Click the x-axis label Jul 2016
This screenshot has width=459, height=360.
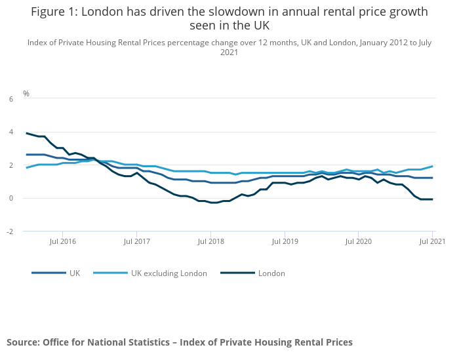[x=63, y=241]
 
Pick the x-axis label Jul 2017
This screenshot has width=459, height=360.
[x=136, y=241]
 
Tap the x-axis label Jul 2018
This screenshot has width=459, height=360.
[x=210, y=241]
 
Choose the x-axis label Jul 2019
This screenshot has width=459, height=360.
[x=285, y=241]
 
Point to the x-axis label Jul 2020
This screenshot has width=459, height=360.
[x=359, y=241]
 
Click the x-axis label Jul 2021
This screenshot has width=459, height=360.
[x=433, y=241]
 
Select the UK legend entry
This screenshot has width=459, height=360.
[x=74, y=273]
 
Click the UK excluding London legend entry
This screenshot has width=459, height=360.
[x=169, y=273]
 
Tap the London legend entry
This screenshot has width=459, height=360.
[x=271, y=273]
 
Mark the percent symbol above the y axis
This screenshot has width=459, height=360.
[x=26, y=93]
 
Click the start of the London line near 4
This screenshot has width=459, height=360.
[x=27, y=133]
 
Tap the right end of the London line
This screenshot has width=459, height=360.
[x=432, y=199]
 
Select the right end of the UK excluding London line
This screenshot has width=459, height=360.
[x=432, y=166]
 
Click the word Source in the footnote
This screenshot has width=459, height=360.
[x=22, y=342]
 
